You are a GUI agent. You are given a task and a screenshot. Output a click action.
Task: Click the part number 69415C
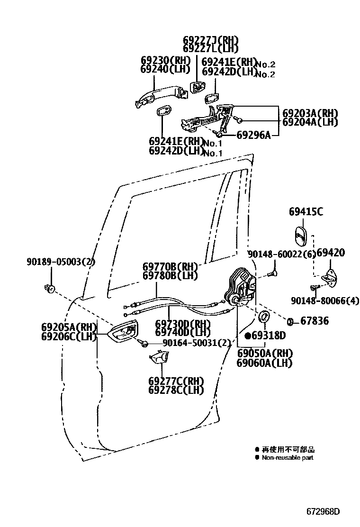click(306, 212)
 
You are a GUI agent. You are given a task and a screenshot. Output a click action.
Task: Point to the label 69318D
click(269, 336)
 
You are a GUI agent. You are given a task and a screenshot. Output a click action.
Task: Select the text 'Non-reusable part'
click(288, 458)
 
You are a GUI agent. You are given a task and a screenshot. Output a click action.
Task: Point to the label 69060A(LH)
click(265, 363)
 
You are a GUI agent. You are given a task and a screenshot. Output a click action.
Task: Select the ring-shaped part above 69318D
click(264, 317)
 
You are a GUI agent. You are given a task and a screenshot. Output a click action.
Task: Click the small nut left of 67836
click(291, 322)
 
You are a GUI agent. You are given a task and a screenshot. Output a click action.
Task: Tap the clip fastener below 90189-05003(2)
click(49, 287)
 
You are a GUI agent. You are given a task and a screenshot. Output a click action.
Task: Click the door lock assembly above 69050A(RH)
click(241, 288)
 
